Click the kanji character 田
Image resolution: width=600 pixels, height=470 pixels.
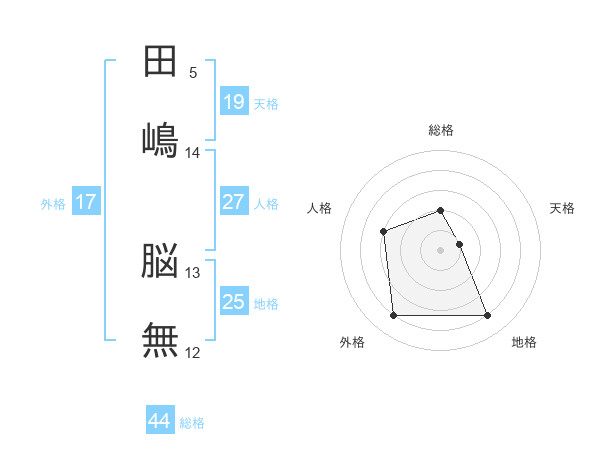[x=160, y=62]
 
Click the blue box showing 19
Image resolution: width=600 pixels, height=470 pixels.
[x=234, y=102]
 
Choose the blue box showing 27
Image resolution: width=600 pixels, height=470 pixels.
[x=234, y=202]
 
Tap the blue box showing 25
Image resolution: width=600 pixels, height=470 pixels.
[x=234, y=302]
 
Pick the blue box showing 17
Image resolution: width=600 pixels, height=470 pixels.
[x=86, y=202]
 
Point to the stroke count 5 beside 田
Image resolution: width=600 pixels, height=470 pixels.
[x=193, y=73]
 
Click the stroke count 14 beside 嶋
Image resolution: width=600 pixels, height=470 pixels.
[x=193, y=153]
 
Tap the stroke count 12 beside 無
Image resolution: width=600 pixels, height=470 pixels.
[x=193, y=352]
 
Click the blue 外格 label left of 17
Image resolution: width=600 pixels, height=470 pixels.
[x=53, y=203]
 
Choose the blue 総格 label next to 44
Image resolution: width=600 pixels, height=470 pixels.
[x=192, y=423]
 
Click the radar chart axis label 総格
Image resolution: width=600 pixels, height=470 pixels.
[x=441, y=130]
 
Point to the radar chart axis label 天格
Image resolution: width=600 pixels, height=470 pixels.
[x=563, y=208]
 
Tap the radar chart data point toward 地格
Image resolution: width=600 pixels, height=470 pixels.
[x=488, y=316]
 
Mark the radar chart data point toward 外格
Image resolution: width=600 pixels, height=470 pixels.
[x=393, y=316]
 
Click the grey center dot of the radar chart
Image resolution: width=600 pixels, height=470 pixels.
[x=441, y=249]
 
